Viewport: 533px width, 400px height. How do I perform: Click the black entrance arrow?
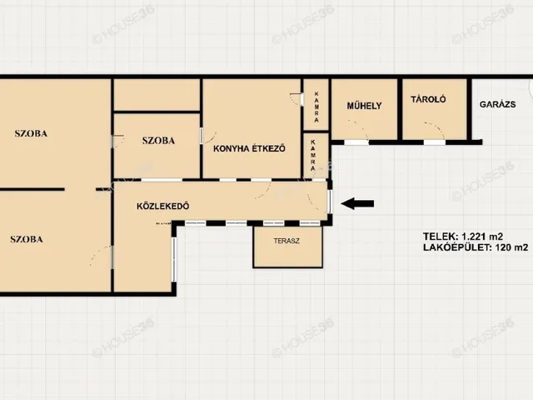click(357, 203)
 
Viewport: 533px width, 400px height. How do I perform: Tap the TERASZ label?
click(286, 241)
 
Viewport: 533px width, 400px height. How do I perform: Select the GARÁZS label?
click(498, 104)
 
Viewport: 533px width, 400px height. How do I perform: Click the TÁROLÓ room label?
click(428, 99)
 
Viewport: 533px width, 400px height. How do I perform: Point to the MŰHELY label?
click(365, 106)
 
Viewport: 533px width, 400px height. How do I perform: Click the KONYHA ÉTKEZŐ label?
click(249, 148)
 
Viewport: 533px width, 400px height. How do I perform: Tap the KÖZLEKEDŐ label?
click(163, 206)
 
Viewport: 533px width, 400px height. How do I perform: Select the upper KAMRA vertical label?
click(316, 107)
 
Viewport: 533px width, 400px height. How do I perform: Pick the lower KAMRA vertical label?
click(313, 155)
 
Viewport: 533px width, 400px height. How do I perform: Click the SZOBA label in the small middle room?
click(158, 141)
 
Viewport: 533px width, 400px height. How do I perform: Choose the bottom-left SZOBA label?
click(27, 239)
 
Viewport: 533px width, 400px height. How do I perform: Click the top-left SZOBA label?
click(31, 133)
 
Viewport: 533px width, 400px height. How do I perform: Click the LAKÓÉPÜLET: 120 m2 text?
click(476, 247)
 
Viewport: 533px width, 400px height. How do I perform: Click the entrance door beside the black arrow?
click(329, 202)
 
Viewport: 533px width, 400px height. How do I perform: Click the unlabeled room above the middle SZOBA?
click(157, 95)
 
